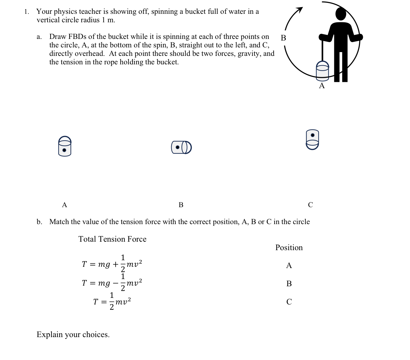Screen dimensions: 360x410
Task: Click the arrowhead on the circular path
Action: [300, 10]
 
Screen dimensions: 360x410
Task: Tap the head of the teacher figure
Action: [341, 14]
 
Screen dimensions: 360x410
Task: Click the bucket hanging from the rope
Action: [322, 70]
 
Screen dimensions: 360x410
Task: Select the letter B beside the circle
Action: [283, 38]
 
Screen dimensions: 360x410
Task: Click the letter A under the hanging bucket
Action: [322, 86]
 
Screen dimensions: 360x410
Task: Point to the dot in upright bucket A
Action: [64, 150]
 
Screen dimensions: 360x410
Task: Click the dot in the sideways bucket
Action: [178, 147]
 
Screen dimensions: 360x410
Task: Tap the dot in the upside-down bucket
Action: [313, 135]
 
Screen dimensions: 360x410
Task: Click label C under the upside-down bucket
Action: [310, 205]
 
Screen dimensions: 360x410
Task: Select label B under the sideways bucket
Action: [181, 205]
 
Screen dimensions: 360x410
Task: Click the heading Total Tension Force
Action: [112, 239]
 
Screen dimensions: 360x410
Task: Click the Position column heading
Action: [289, 248]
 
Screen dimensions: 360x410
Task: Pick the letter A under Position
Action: [289, 266]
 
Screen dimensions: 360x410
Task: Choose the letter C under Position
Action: [289, 302]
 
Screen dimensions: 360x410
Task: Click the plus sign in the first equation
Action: [115, 264]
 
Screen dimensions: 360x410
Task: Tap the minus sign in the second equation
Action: [115, 283]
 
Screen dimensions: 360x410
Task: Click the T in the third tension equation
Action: [96, 302]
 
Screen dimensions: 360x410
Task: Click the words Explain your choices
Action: [73, 335]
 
